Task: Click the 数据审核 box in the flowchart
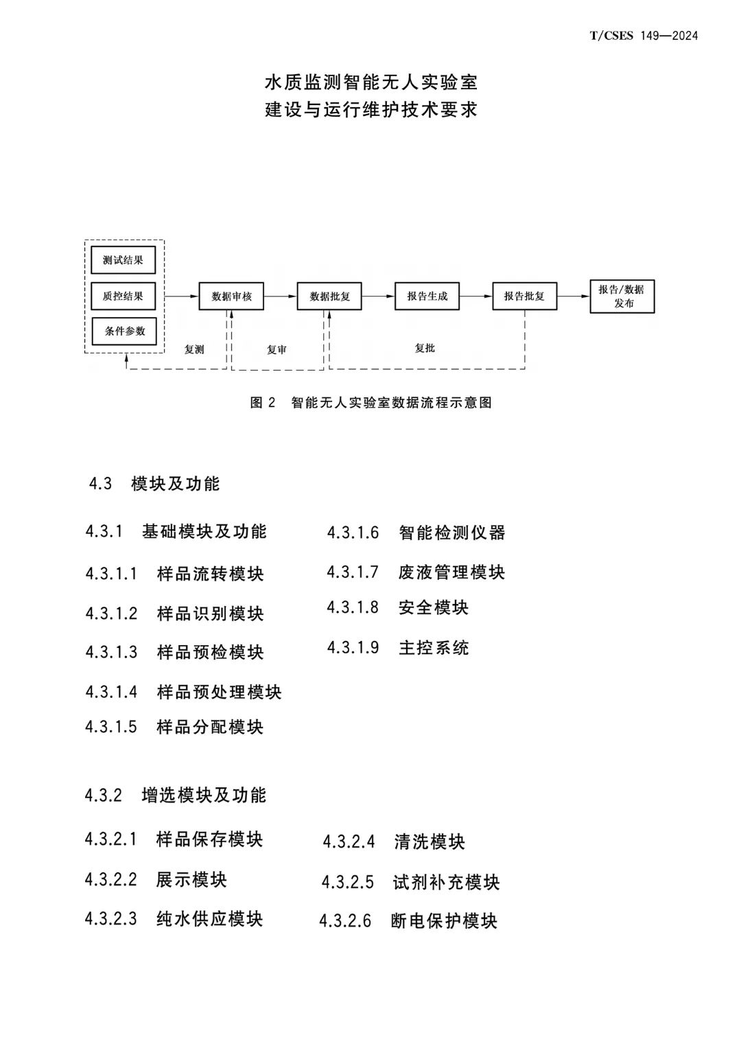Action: [x=231, y=296]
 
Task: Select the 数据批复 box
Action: [x=329, y=296]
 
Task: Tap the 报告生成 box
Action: [x=427, y=296]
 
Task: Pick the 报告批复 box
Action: [x=524, y=296]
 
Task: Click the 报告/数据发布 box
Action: [x=622, y=296]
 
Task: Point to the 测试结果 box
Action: [x=123, y=259]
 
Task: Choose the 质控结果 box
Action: [x=123, y=296]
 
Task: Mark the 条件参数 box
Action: [x=124, y=331]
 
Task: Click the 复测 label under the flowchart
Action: [x=194, y=349]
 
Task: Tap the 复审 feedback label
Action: [x=277, y=349]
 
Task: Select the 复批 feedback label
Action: [x=425, y=348]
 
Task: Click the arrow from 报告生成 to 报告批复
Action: [x=475, y=296]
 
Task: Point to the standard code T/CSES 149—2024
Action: [x=644, y=36]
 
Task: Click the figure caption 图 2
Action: [x=263, y=402]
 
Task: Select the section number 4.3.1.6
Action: [x=353, y=533]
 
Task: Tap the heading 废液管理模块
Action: [x=452, y=572]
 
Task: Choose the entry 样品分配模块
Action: [x=210, y=727]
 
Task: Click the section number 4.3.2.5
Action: [x=348, y=882]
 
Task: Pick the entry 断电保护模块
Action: [x=444, y=921]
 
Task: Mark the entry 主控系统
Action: [x=434, y=647]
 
